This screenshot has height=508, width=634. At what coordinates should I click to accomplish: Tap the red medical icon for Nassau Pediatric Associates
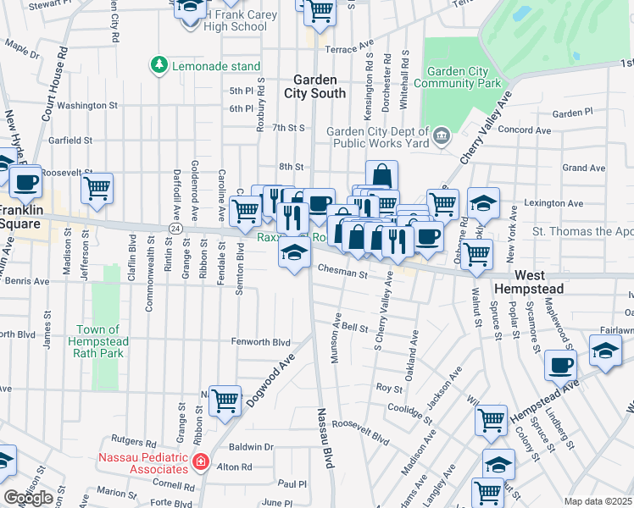pyautogui.click(x=200, y=461)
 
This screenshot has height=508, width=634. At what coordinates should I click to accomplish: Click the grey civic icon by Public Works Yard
pyautogui.click(x=441, y=136)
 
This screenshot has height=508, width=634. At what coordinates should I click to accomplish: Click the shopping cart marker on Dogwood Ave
pyautogui.click(x=225, y=399)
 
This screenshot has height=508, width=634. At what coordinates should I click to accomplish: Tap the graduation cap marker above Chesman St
pyautogui.click(x=294, y=253)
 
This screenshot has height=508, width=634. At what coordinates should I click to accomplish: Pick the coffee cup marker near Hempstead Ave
pyautogui.click(x=560, y=365)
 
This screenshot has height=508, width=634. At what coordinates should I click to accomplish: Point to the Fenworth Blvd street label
pyautogui.click(x=262, y=343)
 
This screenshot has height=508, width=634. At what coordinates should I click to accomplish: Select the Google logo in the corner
pyautogui.click(x=28, y=498)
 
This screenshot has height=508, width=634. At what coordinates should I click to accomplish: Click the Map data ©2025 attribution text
pyautogui.click(x=598, y=501)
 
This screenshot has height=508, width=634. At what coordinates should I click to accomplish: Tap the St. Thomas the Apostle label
pyautogui.click(x=581, y=231)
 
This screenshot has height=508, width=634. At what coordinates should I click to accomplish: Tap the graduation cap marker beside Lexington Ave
pyautogui.click(x=483, y=202)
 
